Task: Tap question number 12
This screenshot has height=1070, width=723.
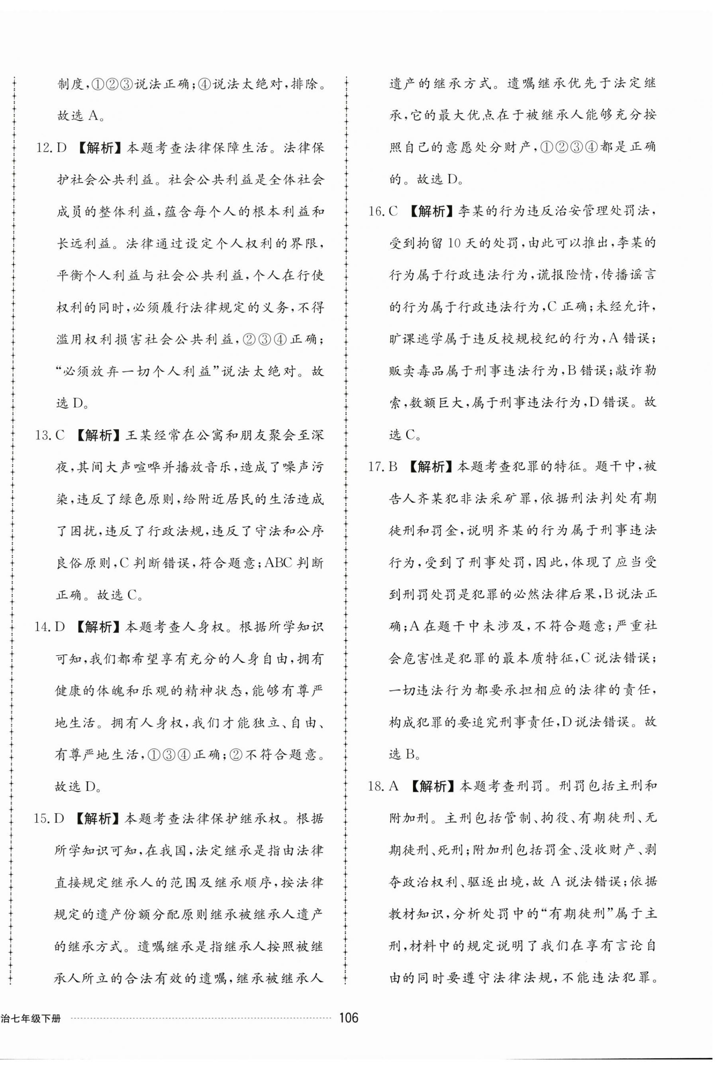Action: (x=44, y=148)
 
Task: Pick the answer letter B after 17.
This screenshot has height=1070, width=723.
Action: (x=393, y=466)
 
